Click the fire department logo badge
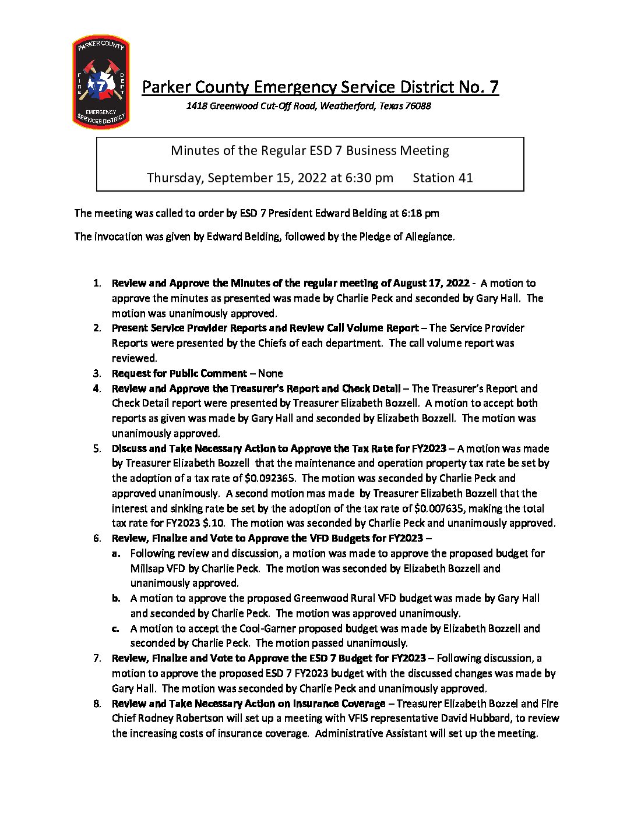(101, 82)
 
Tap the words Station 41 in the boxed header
(442, 178)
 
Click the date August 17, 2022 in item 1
(431, 283)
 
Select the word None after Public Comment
(270, 373)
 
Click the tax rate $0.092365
(270, 478)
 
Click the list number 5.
(97, 448)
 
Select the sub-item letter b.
(117, 598)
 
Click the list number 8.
(97, 704)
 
